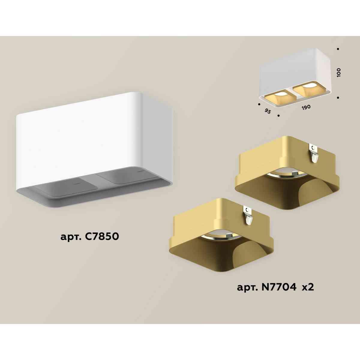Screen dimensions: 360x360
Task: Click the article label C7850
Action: tap(90, 237)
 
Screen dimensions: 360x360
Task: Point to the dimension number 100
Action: tap(339, 73)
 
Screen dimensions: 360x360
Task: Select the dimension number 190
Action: tap(306, 107)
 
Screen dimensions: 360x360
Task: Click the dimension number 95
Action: tap(268, 111)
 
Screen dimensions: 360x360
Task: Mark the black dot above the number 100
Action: tap(338, 49)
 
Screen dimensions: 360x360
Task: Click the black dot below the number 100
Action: tap(338, 97)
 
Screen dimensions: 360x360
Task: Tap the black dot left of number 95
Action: tap(259, 104)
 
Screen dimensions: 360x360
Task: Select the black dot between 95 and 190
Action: tap(279, 115)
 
